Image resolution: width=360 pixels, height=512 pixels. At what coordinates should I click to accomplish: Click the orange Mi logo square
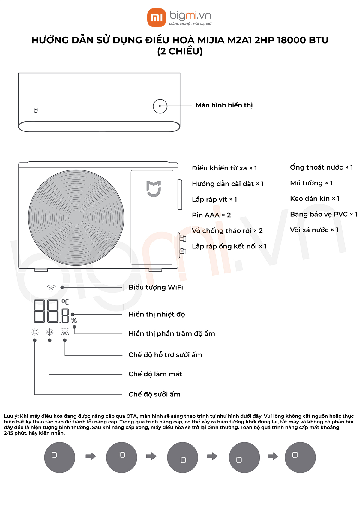click(x=157, y=17)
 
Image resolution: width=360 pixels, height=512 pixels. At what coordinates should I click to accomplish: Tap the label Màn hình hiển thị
click(x=224, y=105)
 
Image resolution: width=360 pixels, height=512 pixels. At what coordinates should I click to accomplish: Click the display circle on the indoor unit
click(x=160, y=106)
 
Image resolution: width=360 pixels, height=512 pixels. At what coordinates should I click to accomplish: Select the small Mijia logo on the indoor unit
click(x=36, y=111)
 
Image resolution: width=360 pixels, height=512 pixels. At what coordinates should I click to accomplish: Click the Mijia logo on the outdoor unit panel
click(x=154, y=189)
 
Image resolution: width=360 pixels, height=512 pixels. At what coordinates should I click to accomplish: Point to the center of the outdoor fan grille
click(x=76, y=218)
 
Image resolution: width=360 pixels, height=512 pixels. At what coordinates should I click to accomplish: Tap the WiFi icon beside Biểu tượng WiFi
click(x=51, y=288)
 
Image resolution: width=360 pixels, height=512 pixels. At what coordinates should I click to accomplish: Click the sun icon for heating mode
click(x=35, y=332)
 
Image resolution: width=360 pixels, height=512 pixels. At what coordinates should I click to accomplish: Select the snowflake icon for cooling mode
click(x=49, y=332)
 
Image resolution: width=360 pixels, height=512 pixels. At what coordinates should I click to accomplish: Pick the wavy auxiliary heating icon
click(x=65, y=332)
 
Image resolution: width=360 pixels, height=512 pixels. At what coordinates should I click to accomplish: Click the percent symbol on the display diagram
click(x=74, y=321)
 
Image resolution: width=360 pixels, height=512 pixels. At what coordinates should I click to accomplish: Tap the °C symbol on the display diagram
click(x=65, y=302)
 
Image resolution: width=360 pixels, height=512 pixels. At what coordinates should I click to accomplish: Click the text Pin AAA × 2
click(x=211, y=215)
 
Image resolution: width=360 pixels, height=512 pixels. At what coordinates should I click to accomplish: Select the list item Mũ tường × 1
click(x=311, y=183)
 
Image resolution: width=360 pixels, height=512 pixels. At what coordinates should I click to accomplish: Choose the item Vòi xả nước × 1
click(x=314, y=230)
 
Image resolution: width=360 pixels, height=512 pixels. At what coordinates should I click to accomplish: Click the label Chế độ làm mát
click(x=155, y=374)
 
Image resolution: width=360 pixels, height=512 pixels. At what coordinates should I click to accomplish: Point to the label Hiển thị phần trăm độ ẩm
click(x=172, y=334)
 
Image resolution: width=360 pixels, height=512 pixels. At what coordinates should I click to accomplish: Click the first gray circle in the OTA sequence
click(x=60, y=457)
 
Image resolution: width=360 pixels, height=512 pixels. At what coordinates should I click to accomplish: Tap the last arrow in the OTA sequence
click(x=273, y=456)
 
